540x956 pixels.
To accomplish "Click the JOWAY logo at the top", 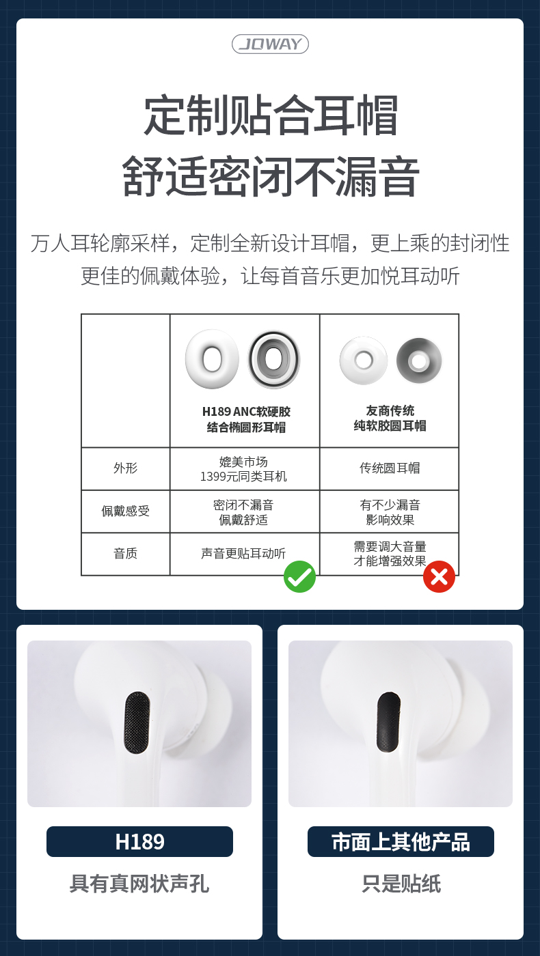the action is (270, 44).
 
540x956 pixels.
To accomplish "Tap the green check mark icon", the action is (299, 576).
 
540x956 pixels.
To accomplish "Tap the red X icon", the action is (439, 576).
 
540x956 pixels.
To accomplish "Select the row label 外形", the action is (125, 468).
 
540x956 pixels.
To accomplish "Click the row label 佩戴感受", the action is (125, 511).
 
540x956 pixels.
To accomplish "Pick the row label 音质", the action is (125, 554).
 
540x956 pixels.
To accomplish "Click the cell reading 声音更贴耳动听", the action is (243, 554).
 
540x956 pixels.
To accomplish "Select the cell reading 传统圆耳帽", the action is (390, 468).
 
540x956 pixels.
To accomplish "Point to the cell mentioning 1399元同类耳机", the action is (243, 469).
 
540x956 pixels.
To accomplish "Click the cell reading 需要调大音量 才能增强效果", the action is (390, 554).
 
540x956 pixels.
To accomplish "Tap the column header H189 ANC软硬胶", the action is (246, 412).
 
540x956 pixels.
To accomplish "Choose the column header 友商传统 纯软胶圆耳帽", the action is (390, 418).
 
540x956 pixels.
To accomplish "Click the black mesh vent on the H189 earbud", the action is (137, 722).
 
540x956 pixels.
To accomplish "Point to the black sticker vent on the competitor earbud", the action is (389, 722).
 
